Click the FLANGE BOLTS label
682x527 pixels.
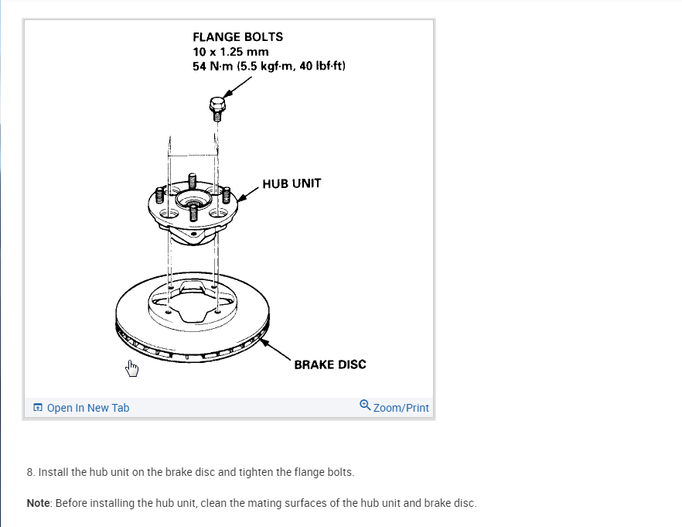tap(237, 36)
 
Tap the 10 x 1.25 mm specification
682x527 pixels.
tap(230, 51)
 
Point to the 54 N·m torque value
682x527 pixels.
tap(210, 66)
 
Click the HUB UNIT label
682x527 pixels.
tap(292, 183)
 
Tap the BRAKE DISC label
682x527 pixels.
tap(329, 364)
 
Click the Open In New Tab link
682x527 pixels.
tap(87, 408)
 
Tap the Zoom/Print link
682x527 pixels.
tap(401, 408)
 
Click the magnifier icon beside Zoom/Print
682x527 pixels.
tap(365, 406)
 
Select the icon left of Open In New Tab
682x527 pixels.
tap(37, 408)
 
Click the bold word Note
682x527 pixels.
tap(38, 503)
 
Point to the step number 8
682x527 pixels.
tap(29, 471)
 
